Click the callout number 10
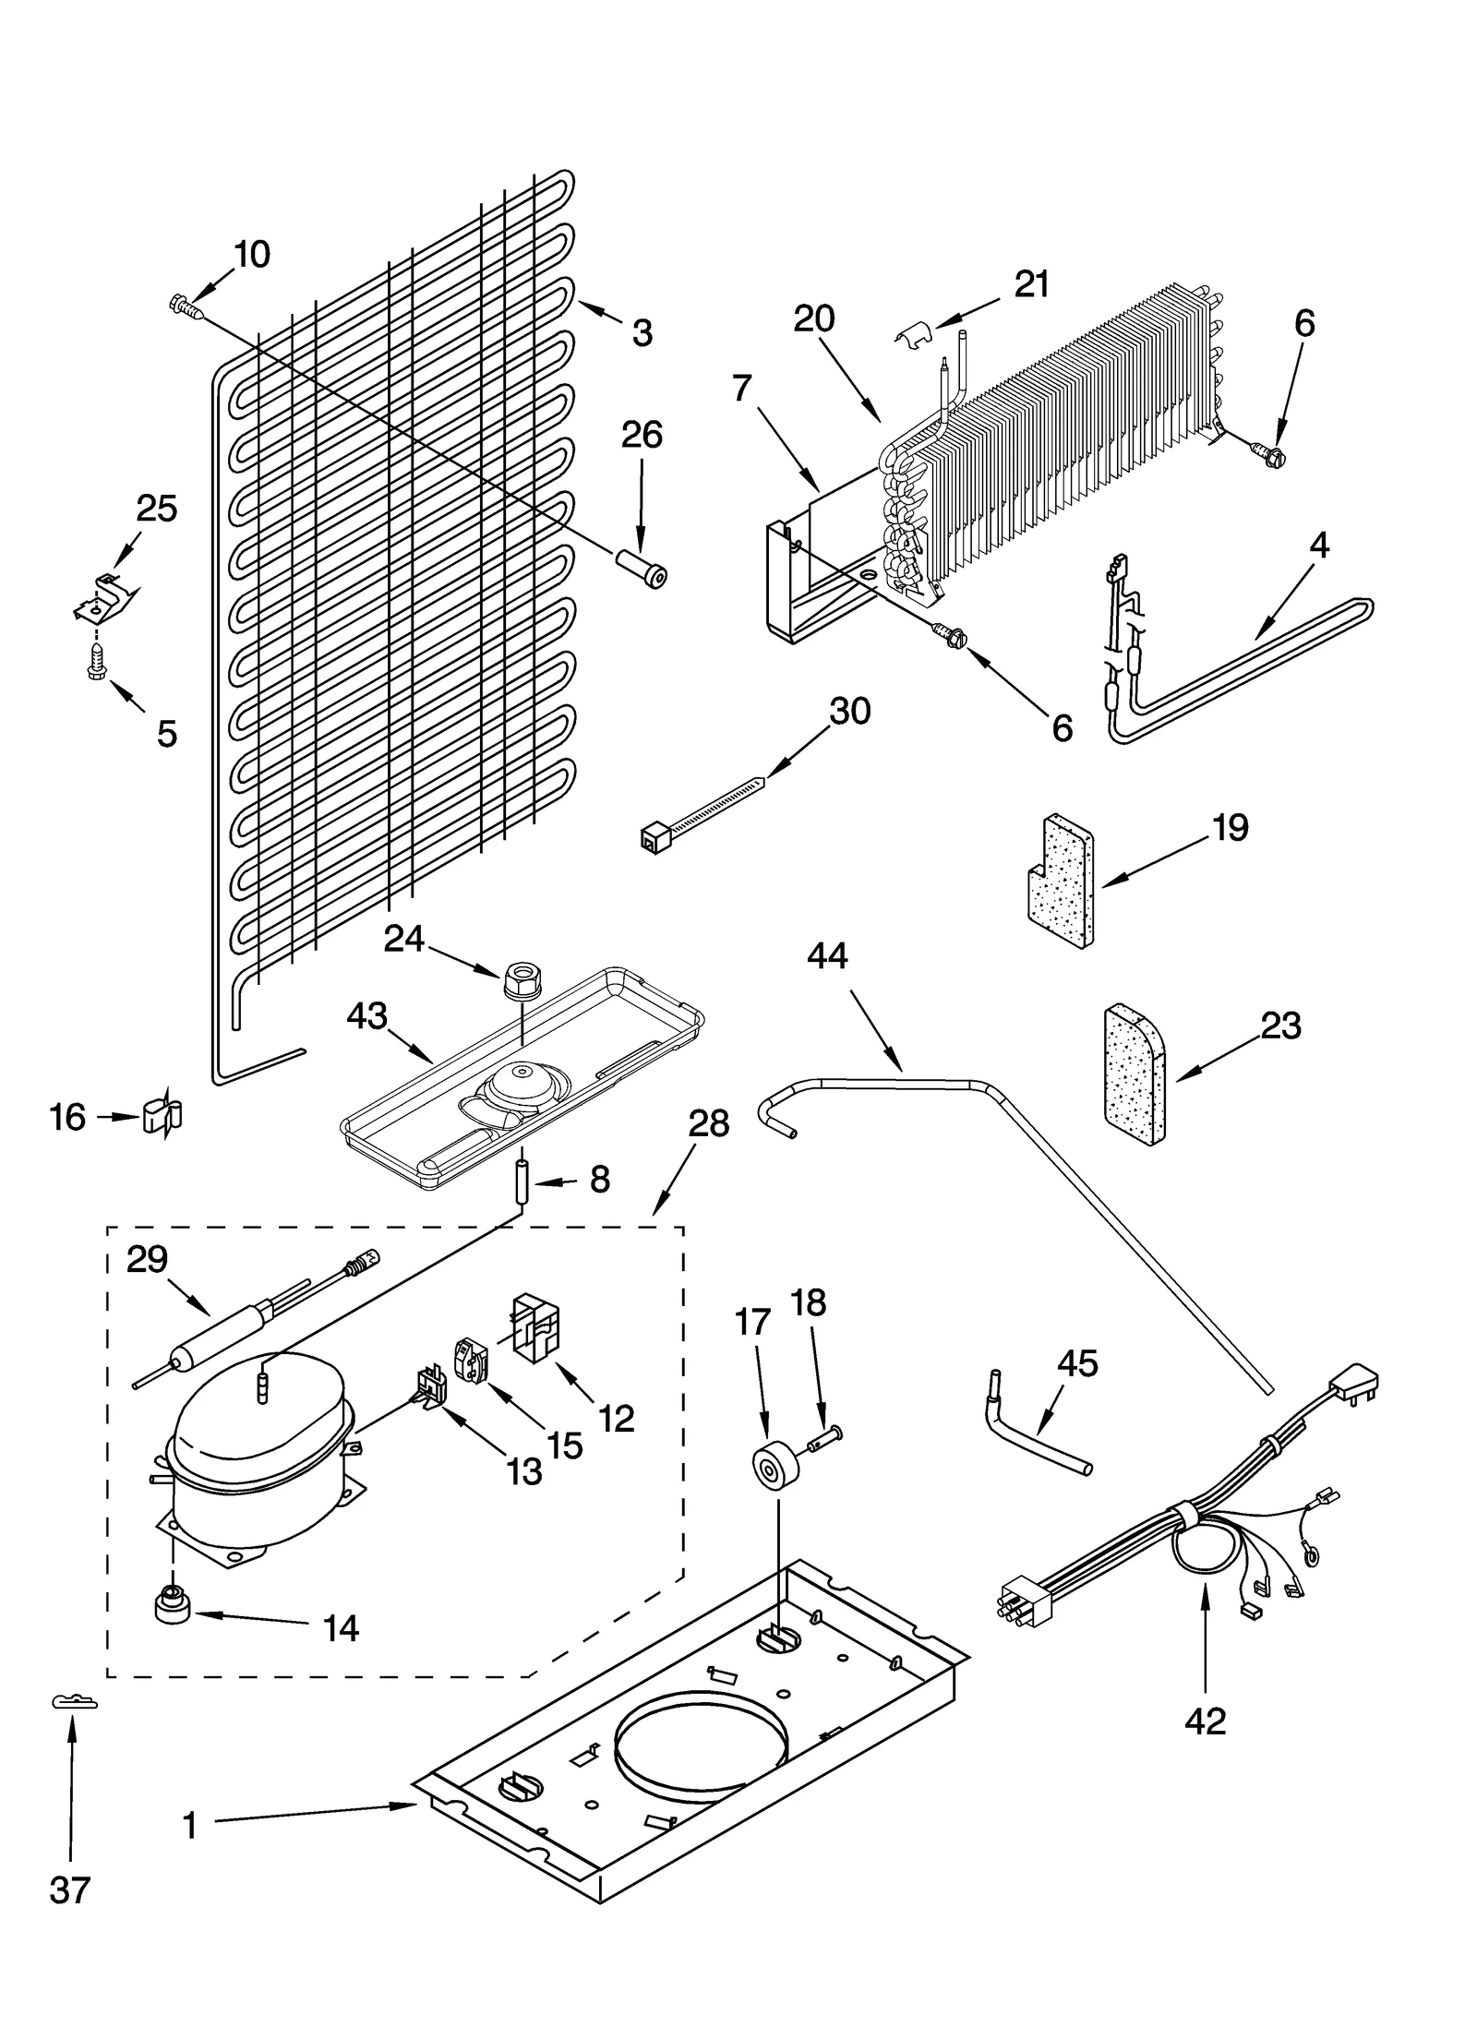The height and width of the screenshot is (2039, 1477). coord(251,254)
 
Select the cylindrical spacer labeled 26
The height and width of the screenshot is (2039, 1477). coord(642,566)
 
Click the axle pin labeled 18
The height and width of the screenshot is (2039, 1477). coord(825,1437)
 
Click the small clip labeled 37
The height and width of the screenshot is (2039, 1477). coord(74,1700)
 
